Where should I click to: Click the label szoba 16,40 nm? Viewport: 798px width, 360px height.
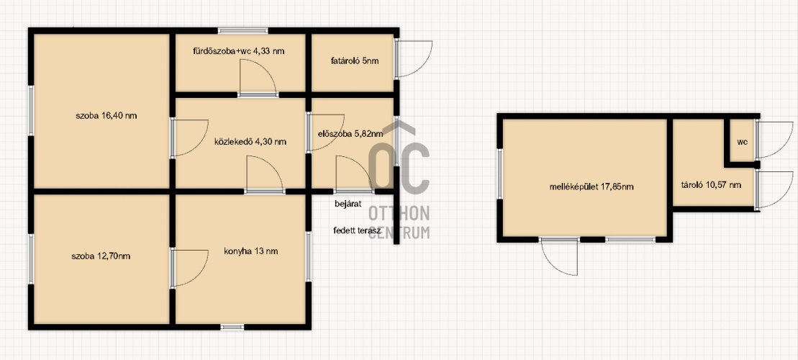[x=105, y=116]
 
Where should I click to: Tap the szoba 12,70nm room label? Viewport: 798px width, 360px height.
[x=101, y=256]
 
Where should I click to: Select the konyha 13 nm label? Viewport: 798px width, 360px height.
[x=250, y=251]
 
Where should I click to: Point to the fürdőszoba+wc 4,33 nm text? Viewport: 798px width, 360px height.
[x=238, y=51]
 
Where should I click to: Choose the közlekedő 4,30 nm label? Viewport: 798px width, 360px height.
[x=250, y=142]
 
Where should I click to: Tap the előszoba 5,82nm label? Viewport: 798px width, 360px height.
[x=350, y=134]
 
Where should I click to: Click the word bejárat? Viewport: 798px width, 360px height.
[x=348, y=204]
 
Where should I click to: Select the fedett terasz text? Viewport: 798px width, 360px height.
[x=358, y=230]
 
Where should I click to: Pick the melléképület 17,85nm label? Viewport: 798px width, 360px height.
[x=591, y=187]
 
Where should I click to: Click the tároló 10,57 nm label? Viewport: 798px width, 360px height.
[x=711, y=185]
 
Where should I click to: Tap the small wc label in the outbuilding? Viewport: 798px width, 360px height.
[x=742, y=142]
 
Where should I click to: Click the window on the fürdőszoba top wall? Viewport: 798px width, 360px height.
[x=242, y=30]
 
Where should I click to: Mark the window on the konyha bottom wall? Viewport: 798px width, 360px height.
[x=232, y=327]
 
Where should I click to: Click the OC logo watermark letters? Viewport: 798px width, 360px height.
[x=399, y=162]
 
